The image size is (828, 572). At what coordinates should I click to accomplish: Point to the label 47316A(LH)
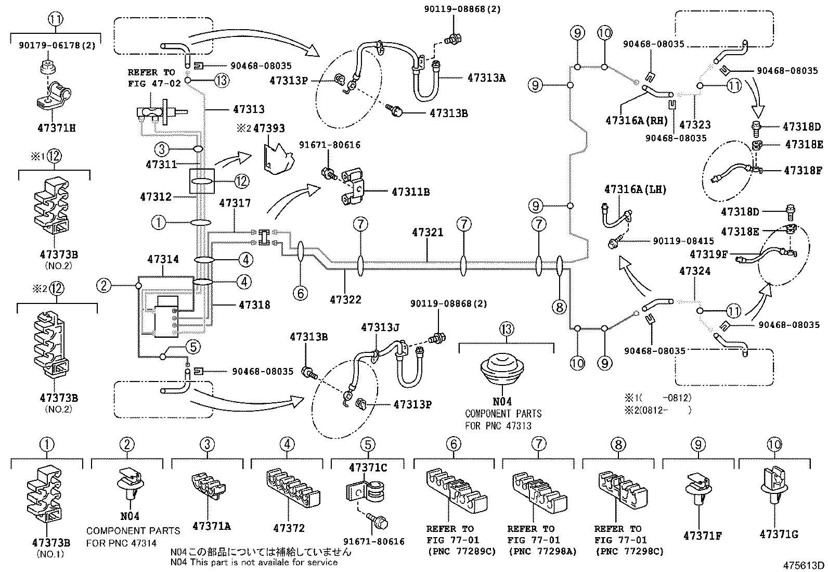pyautogui.click(x=635, y=189)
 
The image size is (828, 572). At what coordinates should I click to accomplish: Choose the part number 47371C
pyautogui.click(x=368, y=468)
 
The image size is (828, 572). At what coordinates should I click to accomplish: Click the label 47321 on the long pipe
pyautogui.click(x=428, y=233)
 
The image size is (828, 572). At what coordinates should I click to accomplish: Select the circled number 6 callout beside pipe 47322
pyautogui.click(x=300, y=294)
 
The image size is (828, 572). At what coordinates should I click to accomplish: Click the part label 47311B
pyautogui.click(x=410, y=192)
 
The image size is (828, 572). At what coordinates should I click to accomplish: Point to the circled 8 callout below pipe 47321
pyautogui.click(x=560, y=307)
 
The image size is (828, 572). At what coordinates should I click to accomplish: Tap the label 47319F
pyautogui.click(x=708, y=254)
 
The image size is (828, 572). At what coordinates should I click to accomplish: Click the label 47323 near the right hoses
pyautogui.click(x=695, y=125)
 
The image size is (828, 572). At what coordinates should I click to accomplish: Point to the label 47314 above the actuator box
pyautogui.click(x=163, y=259)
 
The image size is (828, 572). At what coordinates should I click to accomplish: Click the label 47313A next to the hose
pyautogui.click(x=486, y=78)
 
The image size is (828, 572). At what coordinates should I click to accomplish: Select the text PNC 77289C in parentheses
pyautogui.click(x=461, y=551)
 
